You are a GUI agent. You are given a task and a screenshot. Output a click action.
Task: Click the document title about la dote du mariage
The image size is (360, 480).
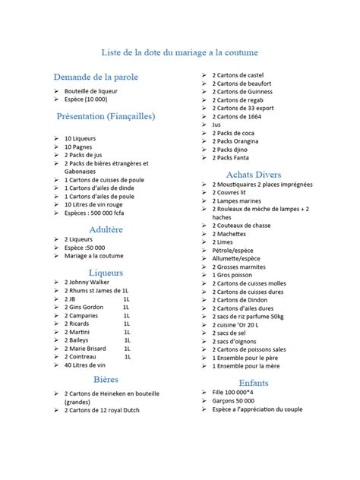coord(180,52)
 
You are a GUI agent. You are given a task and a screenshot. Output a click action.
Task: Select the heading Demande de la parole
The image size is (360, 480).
coord(90,77)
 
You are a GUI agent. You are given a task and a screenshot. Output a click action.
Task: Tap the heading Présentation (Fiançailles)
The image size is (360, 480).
coord(106,116)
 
